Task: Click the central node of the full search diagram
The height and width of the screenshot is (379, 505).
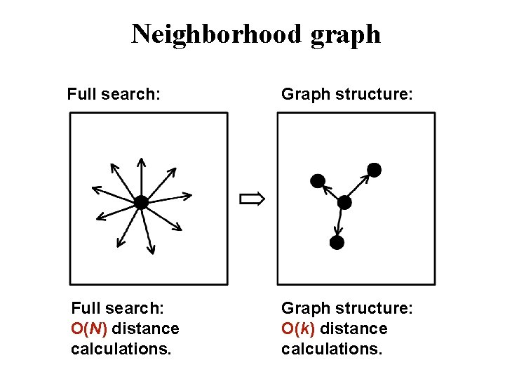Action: [141, 202]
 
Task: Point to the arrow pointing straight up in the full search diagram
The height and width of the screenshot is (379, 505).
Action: [141, 175]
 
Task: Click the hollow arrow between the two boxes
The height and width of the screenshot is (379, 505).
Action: [252, 199]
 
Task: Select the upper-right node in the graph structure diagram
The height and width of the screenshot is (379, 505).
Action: [374, 170]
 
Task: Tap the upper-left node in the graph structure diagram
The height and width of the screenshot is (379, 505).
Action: [317, 180]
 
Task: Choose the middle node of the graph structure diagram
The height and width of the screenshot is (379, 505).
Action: [344, 202]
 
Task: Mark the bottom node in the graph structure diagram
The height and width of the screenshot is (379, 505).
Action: [337, 243]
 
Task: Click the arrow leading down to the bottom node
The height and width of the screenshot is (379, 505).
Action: [340, 222]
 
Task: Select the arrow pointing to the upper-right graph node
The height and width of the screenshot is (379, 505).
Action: [358, 186]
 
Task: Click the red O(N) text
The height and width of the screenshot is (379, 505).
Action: [89, 328]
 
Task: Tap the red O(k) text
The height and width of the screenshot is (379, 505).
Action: [298, 328]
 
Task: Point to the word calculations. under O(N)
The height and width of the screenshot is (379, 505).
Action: [121, 349]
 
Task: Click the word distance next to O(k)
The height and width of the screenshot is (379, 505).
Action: [353, 328]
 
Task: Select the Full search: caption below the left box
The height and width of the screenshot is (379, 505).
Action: [117, 308]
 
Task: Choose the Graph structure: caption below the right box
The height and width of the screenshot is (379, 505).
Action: [347, 308]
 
